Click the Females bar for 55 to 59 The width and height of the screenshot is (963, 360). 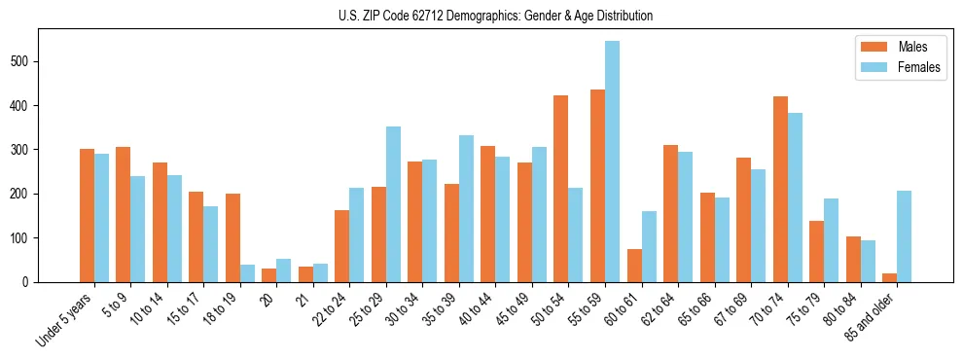[612, 162]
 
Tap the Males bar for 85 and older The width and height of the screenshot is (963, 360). [889, 277]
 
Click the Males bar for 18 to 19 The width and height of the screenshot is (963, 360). [232, 237]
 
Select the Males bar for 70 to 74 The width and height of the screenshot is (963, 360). [780, 189]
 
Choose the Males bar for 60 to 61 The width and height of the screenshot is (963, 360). [634, 266]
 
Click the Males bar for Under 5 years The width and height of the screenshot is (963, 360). [87, 215]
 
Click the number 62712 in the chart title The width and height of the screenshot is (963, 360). [423, 17]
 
